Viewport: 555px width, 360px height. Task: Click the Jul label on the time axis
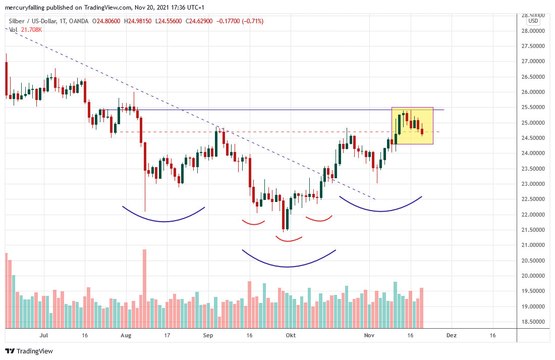(44, 335)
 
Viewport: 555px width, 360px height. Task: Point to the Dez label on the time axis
(452, 335)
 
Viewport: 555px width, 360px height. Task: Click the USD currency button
(533, 21)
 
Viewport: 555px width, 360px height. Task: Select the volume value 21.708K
(32, 30)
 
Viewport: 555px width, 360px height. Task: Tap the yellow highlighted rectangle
(412, 126)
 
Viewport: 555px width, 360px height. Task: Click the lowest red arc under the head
(288, 239)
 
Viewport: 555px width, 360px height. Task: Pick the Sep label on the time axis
(208, 335)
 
